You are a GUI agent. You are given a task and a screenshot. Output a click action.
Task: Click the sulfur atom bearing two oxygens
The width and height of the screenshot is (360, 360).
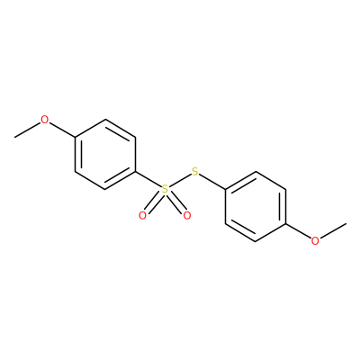click(x=165, y=189)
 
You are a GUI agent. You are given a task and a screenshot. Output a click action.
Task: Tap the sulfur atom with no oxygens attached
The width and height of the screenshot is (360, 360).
click(x=195, y=172)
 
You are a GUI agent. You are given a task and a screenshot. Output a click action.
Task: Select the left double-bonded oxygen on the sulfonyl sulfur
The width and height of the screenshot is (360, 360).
click(x=142, y=215)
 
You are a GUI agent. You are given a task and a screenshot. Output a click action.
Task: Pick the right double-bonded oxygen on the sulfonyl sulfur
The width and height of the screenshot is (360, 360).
click(x=187, y=215)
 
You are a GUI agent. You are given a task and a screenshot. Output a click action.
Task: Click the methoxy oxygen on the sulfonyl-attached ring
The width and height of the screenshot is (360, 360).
click(x=45, y=120)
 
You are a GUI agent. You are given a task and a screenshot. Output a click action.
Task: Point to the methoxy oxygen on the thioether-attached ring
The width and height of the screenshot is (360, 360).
click(x=315, y=241)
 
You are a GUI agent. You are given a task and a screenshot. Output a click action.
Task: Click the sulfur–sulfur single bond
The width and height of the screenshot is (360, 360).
click(x=180, y=181)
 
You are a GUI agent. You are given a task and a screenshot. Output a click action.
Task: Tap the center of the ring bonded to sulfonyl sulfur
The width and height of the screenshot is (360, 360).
click(x=105, y=155)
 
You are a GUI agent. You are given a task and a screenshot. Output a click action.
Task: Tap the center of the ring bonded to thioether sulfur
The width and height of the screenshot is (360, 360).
click(x=256, y=206)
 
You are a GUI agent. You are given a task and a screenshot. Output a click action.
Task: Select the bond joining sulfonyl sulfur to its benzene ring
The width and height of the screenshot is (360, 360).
click(x=148, y=179)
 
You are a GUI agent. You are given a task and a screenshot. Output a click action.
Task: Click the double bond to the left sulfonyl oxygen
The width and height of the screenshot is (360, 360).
click(x=153, y=202)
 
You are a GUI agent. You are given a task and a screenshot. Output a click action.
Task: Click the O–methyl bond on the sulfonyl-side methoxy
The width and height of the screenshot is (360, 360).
click(x=28, y=130)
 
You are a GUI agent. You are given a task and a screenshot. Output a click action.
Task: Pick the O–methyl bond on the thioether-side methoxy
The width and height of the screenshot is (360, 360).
click(x=333, y=231)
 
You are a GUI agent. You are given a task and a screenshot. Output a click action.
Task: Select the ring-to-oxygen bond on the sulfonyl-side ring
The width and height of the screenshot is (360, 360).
click(x=62, y=130)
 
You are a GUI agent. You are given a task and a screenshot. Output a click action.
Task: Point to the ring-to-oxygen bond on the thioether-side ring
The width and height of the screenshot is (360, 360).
click(x=298, y=231)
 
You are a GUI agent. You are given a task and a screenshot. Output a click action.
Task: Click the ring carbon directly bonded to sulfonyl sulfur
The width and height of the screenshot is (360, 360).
click(x=135, y=172)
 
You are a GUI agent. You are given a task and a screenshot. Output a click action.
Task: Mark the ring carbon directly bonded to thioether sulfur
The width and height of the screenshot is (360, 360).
click(x=225, y=189)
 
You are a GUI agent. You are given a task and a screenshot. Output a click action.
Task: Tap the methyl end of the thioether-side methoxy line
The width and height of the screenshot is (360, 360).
click(x=346, y=223)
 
